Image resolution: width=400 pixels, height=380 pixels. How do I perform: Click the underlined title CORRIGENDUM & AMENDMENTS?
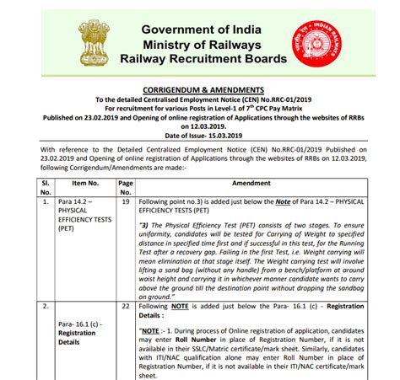pyautogui.click(x=199, y=88)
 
